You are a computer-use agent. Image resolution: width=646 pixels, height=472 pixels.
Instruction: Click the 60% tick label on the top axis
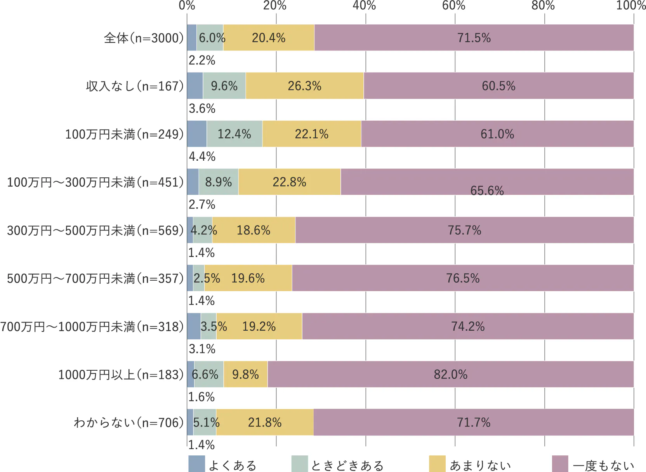[454, 5]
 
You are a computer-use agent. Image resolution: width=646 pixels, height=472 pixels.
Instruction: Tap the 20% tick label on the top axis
[275, 5]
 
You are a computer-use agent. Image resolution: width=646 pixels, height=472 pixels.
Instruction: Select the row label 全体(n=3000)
[144, 38]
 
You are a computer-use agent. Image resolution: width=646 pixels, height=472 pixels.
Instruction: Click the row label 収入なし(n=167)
[135, 86]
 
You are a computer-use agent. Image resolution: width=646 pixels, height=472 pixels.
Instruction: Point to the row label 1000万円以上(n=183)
[121, 375]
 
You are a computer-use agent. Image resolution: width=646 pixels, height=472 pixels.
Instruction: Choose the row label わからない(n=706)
[129, 422]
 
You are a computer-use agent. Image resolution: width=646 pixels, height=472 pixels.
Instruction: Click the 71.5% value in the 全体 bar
[474, 38]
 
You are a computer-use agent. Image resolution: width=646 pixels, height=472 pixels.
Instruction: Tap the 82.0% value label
[451, 375]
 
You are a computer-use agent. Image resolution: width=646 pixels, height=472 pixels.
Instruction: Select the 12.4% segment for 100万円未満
[234, 134]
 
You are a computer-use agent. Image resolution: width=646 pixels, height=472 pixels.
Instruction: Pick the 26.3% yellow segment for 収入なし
[305, 86]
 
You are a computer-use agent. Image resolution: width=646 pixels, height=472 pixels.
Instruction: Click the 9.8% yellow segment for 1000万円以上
[246, 375]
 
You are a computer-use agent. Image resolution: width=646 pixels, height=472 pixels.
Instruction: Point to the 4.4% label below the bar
[202, 156]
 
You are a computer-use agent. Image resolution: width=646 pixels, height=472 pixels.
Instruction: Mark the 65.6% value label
[487, 191]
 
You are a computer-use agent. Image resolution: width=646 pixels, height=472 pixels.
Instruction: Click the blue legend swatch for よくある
[196, 464]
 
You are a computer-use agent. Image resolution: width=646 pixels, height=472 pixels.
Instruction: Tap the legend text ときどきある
[347, 465]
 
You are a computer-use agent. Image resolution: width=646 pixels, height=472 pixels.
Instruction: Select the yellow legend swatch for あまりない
[437, 464]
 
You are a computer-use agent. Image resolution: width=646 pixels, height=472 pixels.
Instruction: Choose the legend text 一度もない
[604, 465]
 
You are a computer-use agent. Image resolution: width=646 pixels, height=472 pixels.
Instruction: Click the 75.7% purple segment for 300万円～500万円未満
[465, 230]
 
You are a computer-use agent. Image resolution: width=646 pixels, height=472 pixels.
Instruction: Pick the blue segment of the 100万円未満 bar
[197, 134]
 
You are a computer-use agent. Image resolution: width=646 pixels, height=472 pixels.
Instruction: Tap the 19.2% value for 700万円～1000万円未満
[259, 326]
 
